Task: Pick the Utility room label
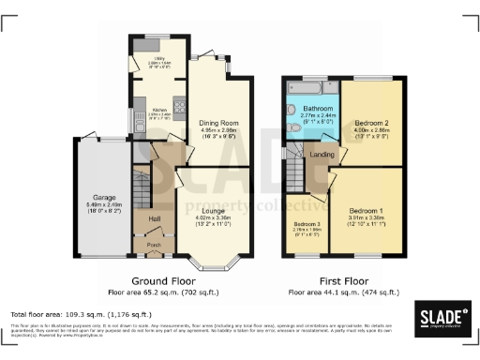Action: [x=146, y=60]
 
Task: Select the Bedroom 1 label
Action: [x=367, y=212]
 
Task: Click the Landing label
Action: [x=322, y=155]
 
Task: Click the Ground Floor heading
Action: [x=164, y=280]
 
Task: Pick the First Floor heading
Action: [x=343, y=280]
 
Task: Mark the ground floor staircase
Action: [x=141, y=188]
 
